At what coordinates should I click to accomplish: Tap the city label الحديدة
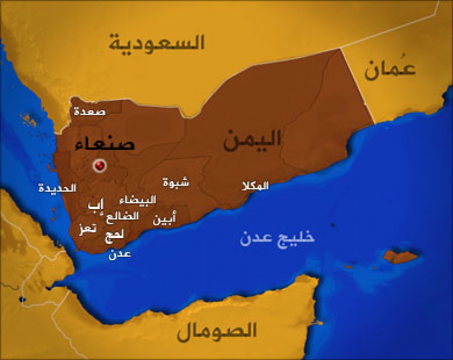pos(57,188)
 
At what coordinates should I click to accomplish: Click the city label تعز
pos(87,229)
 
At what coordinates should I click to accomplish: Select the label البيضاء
pos(137,200)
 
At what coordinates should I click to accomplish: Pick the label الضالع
pos(122,216)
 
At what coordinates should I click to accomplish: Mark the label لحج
pos(113,235)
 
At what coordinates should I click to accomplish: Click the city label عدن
pos(120,254)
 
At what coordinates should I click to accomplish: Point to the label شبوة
pos(176,182)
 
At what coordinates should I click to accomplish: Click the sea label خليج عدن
pos(277,238)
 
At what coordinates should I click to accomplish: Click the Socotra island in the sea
pos(400,257)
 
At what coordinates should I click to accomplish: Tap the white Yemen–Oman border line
pos(358,86)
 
